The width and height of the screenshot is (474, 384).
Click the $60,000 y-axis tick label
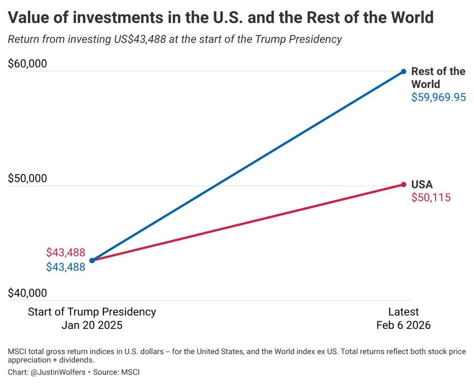point(27,63)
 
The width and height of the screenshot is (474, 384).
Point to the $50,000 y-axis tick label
point(27,178)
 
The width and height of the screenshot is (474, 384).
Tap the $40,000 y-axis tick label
point(27,293)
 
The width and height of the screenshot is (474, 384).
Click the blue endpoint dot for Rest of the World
point(403,72)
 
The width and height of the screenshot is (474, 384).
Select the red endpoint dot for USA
point(403,185)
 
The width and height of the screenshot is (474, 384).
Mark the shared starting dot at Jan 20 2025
point(92,260)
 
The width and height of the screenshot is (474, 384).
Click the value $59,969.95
point(438,97)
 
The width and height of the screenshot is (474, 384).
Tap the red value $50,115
point(431,198)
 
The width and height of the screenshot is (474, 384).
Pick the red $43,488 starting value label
point(66,252)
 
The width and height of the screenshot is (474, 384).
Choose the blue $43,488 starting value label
point(66,267)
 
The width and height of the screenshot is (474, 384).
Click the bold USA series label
point(422,184)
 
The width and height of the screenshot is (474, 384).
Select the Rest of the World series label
point(438,77)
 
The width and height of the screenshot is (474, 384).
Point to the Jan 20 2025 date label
point(92,325)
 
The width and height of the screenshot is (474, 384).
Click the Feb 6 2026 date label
point(403,325)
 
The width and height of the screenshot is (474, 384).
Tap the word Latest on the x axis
point(403,312)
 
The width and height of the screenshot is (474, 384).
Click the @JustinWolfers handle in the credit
point(58,372)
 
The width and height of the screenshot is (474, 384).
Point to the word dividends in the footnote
point(76,360)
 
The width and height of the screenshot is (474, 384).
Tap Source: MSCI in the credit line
point(116,372)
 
